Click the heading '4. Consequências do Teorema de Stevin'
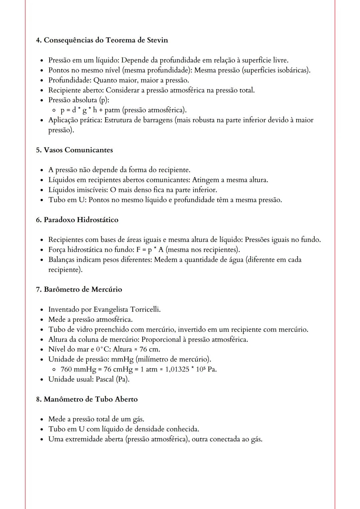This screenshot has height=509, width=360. [102, 40]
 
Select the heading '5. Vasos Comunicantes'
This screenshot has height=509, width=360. [74, 150]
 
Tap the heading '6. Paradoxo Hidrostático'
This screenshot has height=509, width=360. [77, 220]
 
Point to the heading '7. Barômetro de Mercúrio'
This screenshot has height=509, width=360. [79, 289]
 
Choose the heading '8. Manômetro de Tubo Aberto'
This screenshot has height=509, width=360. [87, 399]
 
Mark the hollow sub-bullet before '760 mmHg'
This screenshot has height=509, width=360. [54, 369]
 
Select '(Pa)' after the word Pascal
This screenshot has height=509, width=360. [122, 379]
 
